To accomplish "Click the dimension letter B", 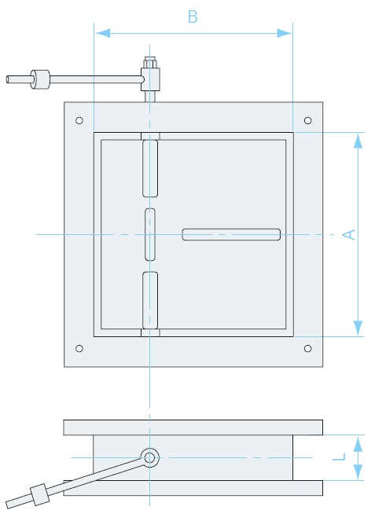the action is [x=193, y=17].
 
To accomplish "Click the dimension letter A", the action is [x=349, y=235].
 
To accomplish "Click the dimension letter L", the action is [x=339, y=457].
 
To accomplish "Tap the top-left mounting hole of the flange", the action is [x=79, y=120].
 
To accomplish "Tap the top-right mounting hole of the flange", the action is [x=308, y=120].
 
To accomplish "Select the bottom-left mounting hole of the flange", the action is [x=79, y=348].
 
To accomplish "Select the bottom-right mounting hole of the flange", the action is [x=308, y=348].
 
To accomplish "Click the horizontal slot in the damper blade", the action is [x=231, y=234].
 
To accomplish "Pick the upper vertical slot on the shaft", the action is [x=150, y=168].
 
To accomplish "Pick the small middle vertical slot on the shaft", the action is [x=150, y=235].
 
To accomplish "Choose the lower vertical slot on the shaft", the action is [x=150, y=300].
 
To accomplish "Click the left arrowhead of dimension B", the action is [x=103, y=33].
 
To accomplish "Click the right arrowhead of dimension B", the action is [x=285, y=33].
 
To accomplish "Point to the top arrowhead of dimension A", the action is [x=358, y=140].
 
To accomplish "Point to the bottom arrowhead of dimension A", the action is [x=358, y=328].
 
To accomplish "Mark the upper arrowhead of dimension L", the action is [x=358, y=444].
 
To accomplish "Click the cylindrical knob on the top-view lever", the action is [x=40, y=79].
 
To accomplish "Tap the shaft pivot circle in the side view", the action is [x=149, y=457].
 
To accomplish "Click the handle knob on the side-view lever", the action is [x=40, y=494].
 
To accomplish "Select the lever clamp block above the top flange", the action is [x=150, y=79].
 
